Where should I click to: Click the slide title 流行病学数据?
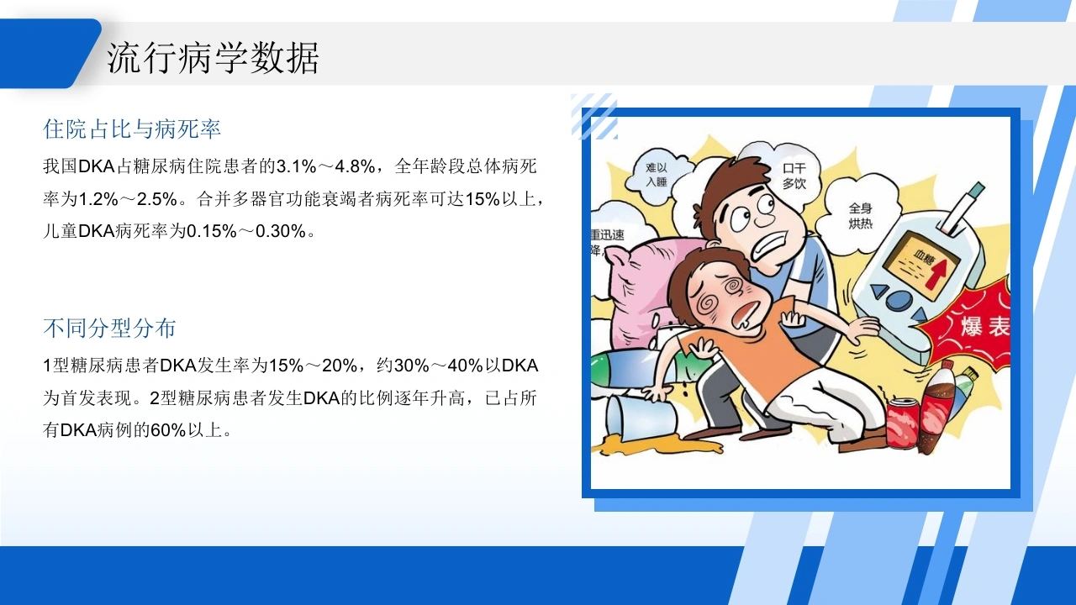pyautogui.click(x=213, y=58)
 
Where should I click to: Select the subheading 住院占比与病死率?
pyautogui.click(x=132, y=129)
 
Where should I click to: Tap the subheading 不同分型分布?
pyautogui.click(x=109, y=329)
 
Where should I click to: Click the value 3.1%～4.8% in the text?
pyautogui.click(x=325, y=166)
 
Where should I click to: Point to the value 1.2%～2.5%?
pyautogui.click(x=128, y=199)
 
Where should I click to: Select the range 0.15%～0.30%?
pyautogui.click(x=246, y=231)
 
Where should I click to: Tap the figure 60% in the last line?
pyautogui.click(x=168, y=430)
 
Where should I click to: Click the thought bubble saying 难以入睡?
pyautogui.click(x=657, y=174)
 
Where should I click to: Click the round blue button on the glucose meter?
pyautogui.click(x=899, y=300)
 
